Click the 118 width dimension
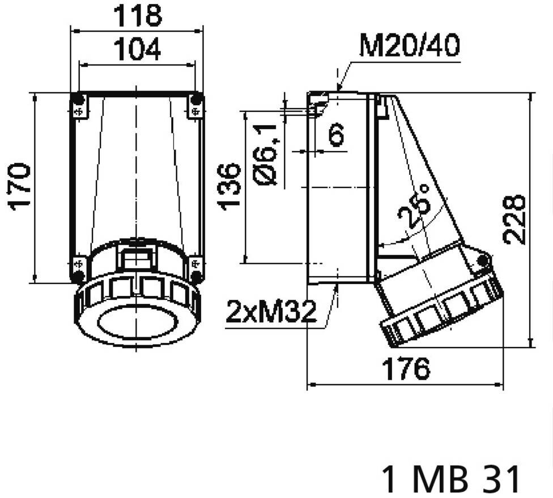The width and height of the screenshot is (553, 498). click(138, 15)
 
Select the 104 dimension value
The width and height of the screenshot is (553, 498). click(138, 49)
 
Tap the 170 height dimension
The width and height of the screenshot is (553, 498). click(19, 187)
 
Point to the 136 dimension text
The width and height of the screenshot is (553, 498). click(229, 187)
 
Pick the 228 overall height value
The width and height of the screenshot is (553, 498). click(514, 220)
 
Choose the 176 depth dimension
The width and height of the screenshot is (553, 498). click(406, 369)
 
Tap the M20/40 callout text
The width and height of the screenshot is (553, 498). click(410, 45)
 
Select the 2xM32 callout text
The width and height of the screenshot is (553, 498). click(271, 312)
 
